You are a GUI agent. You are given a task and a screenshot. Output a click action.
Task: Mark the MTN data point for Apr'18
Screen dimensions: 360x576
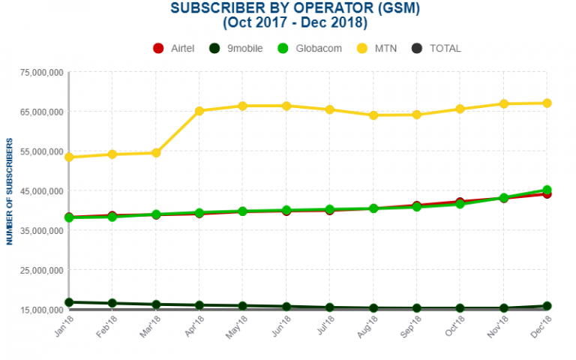click(x=199, y=111)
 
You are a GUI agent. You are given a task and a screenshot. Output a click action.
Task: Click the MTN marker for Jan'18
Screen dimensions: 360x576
click(x=69, y=157)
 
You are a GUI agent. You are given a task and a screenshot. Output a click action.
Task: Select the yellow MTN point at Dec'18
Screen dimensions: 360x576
click(x=547, y=103)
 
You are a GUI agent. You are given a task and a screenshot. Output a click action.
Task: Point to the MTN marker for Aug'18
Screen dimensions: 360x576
click(x=373, y=115)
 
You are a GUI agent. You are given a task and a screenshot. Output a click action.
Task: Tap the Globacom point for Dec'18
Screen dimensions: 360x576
click(x=547, y=190)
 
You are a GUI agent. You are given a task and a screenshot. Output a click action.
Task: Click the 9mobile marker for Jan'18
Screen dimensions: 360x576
click(x=69, y=302)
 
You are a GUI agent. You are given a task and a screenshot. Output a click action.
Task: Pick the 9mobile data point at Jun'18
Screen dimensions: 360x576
click(x=286, y=307)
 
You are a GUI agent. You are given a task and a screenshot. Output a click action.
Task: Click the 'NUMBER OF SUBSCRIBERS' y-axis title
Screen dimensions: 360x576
click(x=10, y=191)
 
